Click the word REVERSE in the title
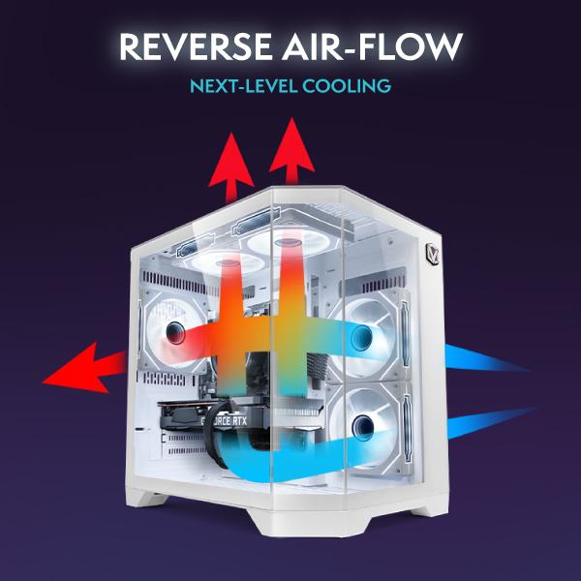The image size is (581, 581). tap(196, 46)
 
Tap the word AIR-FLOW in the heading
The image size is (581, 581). tap(373, 46)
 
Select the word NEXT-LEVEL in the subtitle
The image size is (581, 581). tap(243, 86)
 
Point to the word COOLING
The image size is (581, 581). tap(347, 86)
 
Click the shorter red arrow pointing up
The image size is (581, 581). tap(231, 167)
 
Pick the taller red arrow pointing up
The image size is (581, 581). tap(292, 151)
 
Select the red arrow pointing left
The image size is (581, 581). tap(85, 368)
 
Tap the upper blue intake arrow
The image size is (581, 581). tap(485, 358)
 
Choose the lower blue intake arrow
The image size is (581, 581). tap(491, 421)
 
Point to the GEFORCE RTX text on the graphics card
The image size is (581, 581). tap(224, 420)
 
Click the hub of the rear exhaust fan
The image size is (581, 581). tap(175, 332)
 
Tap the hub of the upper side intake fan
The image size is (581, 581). tap(361, 336)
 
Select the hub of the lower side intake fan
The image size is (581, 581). tap(362, 426)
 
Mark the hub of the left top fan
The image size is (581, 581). tap(228, 263)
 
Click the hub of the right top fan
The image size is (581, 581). tap(288, 243)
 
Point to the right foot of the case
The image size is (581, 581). tap(430, 506)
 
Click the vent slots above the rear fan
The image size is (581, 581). tap(174, 282)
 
